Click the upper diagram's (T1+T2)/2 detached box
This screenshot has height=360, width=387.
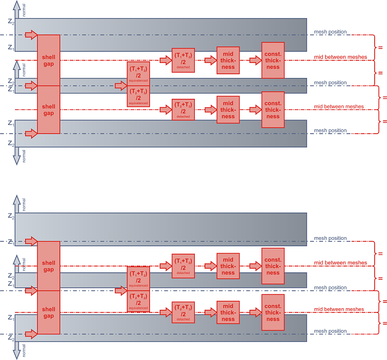pos(183,60)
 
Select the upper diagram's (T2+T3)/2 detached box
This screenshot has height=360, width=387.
pos(183,109)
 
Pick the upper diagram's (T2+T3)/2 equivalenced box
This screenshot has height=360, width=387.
pos(138,97)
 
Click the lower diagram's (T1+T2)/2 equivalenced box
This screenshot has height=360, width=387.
pos(138,279)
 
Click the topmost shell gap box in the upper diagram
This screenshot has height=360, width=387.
pos(49,60)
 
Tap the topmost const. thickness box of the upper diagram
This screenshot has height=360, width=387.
pos(273,60)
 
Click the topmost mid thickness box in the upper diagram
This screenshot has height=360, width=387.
pos(228,60)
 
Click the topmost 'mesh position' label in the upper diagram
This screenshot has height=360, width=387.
pos(330,32)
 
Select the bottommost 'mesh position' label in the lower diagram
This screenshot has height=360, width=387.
pos(330,332)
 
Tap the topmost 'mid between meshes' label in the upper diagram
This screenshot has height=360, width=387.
pos(339,57)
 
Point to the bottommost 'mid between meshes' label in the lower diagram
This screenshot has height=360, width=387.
pos(339,309)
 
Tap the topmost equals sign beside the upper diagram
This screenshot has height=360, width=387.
pos(380,48)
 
